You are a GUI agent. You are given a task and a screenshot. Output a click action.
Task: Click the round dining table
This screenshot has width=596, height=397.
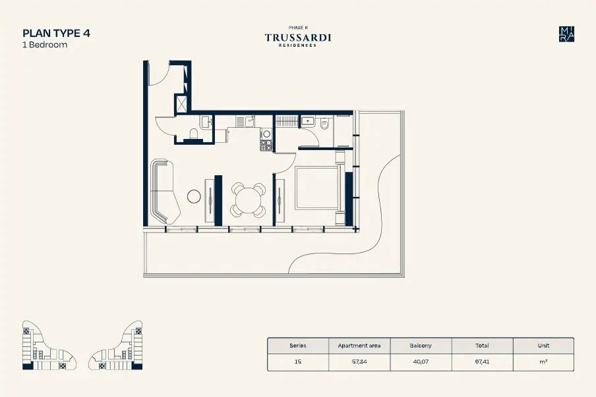point(248,199)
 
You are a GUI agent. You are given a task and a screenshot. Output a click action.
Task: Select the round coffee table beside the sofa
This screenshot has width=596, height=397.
point(194,196)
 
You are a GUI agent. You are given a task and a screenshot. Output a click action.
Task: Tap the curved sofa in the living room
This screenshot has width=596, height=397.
point(164,192)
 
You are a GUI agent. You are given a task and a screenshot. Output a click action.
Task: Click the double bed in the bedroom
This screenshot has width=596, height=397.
point(320,188)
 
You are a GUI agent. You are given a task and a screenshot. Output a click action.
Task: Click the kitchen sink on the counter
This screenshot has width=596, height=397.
point(249,121)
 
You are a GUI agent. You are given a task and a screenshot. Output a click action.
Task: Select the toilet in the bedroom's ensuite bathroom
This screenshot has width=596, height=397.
point(324,124)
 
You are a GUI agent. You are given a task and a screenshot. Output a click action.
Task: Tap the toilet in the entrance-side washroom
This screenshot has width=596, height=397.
point(194,134)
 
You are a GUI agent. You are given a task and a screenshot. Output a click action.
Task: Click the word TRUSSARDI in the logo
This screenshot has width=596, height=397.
point(298,38)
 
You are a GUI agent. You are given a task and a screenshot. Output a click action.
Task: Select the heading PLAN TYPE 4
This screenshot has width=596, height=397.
point(56,34)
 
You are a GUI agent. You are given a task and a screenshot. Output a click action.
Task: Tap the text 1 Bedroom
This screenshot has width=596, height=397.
point(45,45)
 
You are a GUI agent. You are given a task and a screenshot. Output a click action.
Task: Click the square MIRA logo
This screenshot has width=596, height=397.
point(566,34)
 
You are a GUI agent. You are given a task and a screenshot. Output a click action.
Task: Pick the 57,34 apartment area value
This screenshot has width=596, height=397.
point(359,361)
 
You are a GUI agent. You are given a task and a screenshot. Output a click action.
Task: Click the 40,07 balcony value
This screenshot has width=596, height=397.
point(421,361)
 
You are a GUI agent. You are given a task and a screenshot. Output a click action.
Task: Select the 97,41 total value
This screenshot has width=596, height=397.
point(482,361)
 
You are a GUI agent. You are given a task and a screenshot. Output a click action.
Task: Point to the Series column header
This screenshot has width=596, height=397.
point(298,346)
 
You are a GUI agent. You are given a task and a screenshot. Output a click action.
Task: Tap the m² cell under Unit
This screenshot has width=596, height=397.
point(543,361)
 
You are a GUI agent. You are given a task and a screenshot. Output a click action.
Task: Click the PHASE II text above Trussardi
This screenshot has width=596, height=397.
point(298,28)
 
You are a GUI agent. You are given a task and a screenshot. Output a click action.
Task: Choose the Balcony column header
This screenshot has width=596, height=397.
point(421,346)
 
